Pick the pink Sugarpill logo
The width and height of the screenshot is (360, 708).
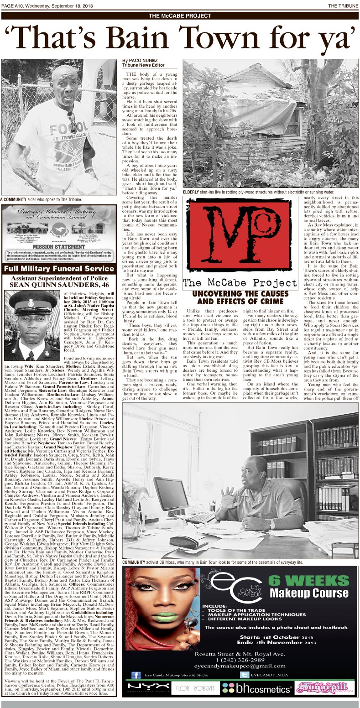coord(325,687)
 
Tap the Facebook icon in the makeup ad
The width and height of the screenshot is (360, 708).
coord(136,675)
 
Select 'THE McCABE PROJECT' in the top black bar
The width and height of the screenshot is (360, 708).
coord(180,16)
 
